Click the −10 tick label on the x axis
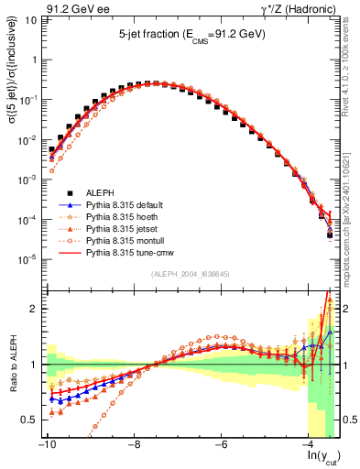45,444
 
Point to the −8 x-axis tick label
133,444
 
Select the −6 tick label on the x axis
221,444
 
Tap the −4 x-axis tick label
309,444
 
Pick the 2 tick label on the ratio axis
34,309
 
